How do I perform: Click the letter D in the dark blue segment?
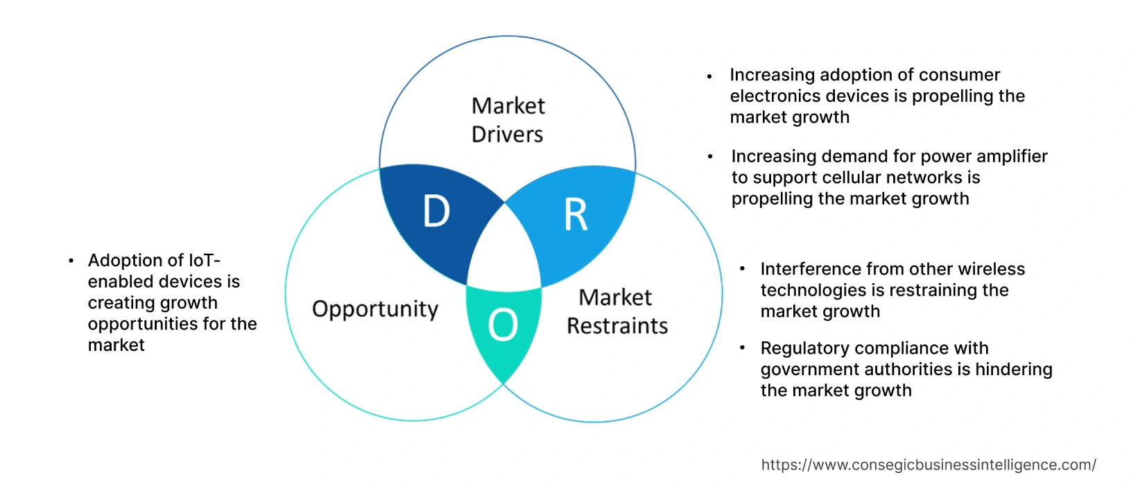coord(436,212)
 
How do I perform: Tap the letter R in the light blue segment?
coord(576,215)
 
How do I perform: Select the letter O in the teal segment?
coord(503,325)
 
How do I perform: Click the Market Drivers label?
coord(508,120)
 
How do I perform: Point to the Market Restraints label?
coord(617,311)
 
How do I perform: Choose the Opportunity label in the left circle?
coord(375,309)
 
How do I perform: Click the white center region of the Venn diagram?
coord(504,250)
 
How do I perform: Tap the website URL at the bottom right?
coord(929,465)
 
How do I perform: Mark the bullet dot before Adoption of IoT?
coord(71,261)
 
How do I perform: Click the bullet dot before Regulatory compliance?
coord(743,348)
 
